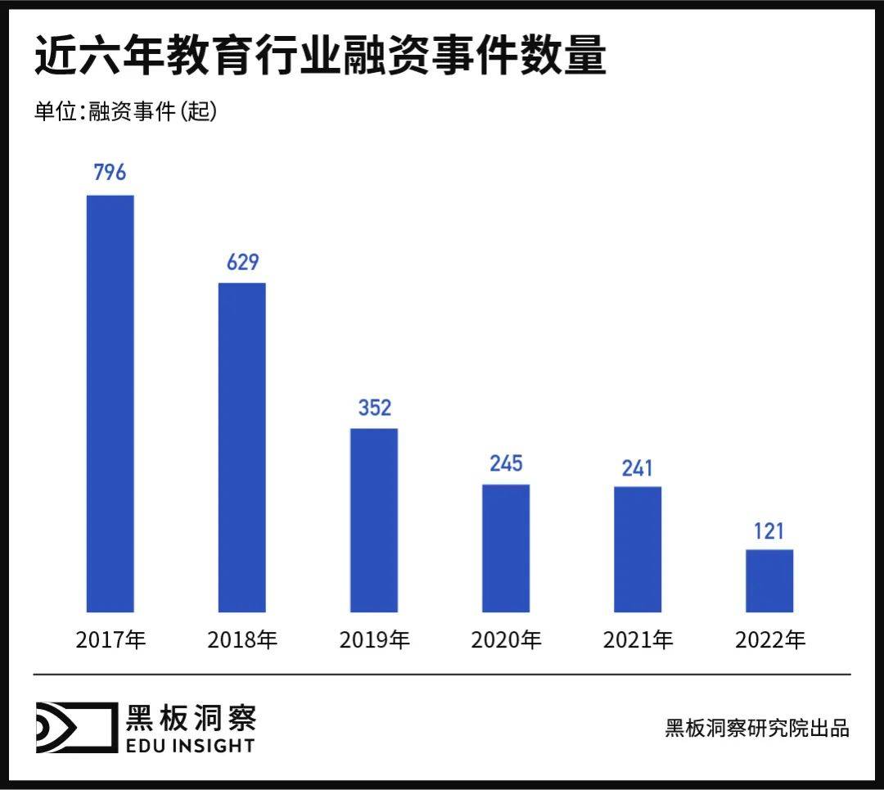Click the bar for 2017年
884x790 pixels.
point(110,403)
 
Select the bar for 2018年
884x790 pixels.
point(242,447)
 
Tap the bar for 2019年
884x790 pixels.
point(374,520)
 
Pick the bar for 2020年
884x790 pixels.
point(506,548)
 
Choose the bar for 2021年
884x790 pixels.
point(638,549)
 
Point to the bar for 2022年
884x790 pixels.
point(769,580)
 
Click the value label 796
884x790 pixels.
point(110,174)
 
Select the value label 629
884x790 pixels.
point(242,262)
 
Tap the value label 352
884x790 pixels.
point(375,408)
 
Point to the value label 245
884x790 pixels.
point(506,463)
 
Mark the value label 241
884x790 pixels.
point(638,467)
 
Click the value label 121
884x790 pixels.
point(769,530)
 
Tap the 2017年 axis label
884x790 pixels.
point(110,640)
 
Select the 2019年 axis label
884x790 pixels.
point(374,640)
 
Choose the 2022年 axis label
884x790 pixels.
point(770,640)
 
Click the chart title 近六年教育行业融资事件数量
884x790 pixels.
point(320,56)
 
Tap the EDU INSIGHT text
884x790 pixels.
point(190,745)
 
